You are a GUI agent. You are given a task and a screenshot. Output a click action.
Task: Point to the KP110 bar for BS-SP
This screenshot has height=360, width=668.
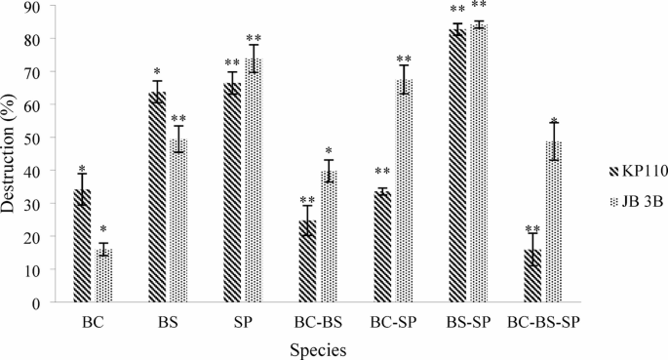[456, 166]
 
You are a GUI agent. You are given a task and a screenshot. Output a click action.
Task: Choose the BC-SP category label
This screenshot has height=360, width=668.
[391, 318]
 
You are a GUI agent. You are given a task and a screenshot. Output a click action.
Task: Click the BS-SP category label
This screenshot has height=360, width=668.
[466, 318]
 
